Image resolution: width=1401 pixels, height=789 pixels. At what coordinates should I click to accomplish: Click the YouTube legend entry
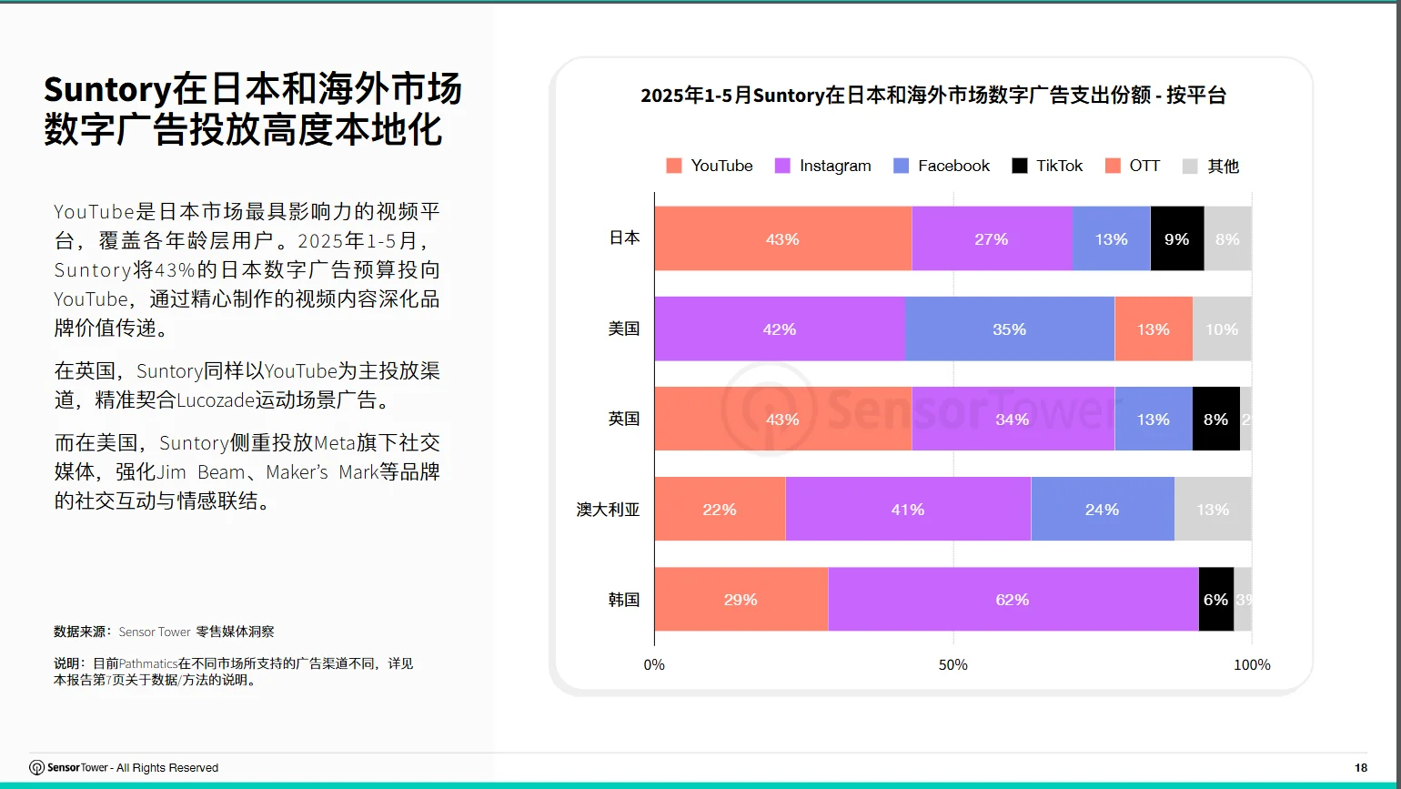[x=711, y=166]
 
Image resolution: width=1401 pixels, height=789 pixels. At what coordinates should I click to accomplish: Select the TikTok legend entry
[x=1048, y=166]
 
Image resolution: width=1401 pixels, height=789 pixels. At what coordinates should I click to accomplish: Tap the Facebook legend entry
[x=942, y=166]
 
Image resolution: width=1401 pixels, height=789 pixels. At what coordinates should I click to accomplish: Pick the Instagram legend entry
[x=823, y=166]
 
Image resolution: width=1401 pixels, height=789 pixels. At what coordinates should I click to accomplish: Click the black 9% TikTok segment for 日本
[x=1177, y=238]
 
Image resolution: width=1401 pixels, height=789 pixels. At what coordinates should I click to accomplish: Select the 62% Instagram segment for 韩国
[x=1013, y=600]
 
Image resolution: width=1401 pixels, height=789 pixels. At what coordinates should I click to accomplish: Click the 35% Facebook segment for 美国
[x=1010, y=329]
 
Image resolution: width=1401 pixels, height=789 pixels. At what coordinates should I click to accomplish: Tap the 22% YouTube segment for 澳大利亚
[x=720, y=510]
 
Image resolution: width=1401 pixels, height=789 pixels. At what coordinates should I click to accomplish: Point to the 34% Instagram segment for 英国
[x=1013, y=420]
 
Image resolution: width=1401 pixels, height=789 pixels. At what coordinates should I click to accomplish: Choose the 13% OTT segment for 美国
[x=1153, y=329]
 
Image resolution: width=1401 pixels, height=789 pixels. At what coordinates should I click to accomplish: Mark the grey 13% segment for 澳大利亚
[x=1213, y=510]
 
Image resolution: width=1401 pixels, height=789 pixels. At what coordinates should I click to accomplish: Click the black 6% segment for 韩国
[x=1215, y=600]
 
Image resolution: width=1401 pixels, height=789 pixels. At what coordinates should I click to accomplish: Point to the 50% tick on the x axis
[x=953, y=665]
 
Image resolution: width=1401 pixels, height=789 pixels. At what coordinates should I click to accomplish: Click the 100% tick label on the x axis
[x=1252, y=665]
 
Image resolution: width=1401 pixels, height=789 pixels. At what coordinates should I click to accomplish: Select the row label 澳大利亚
[x=608, y=510]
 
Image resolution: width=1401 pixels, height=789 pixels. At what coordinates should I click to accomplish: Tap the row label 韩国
[x=624, y=600]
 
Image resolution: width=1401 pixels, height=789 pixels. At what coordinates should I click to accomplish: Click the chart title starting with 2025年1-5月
[x=933, y=96]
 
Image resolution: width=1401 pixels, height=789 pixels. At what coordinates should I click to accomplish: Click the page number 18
[x=1361, y=768]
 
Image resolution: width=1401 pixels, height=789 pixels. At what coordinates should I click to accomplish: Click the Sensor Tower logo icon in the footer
[x=37, y=768]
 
